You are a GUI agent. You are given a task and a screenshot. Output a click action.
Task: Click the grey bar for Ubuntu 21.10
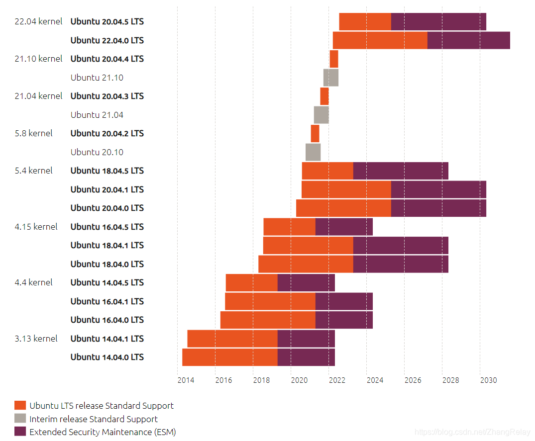tap(331, 78)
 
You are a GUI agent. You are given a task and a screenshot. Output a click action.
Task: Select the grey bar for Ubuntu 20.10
tap(313, 152)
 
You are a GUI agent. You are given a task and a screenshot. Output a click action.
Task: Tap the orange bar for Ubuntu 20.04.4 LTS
tap(334, 59)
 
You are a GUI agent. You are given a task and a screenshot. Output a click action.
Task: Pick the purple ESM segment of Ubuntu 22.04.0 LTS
tap(468, 40)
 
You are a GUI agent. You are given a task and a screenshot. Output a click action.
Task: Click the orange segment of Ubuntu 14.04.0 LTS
tap(230, 357)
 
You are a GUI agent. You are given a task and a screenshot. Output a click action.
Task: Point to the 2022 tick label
tap(336, 380)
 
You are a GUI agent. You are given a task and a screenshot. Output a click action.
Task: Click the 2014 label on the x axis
tap(186, 380)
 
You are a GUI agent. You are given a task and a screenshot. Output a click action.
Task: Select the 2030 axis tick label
tap(488, 380)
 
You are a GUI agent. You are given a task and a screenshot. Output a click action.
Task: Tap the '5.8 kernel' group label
tap(33, 133)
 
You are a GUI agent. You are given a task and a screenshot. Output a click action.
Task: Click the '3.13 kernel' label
tap(36, 339)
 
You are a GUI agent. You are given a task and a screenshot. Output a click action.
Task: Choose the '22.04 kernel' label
tap(38, 21)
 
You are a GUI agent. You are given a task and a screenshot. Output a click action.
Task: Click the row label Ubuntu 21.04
tap(97, 115)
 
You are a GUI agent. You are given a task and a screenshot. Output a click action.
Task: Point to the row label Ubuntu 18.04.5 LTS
tap(107, 171)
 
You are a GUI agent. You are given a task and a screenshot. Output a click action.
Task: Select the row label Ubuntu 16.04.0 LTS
tap(107, 320)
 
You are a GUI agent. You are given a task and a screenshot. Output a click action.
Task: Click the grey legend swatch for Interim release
tap(20, 419)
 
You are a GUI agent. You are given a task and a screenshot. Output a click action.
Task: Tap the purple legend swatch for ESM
tap(20, 432)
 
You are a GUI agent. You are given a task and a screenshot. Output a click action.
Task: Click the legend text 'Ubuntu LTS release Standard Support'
tap(102, 406)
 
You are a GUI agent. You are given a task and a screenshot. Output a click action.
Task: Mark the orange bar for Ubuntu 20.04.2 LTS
tap(315, 133)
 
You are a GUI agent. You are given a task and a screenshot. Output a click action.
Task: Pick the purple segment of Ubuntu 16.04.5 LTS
tap(344, 227)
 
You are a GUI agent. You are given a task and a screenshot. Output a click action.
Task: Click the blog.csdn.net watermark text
tap(472, 433)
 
